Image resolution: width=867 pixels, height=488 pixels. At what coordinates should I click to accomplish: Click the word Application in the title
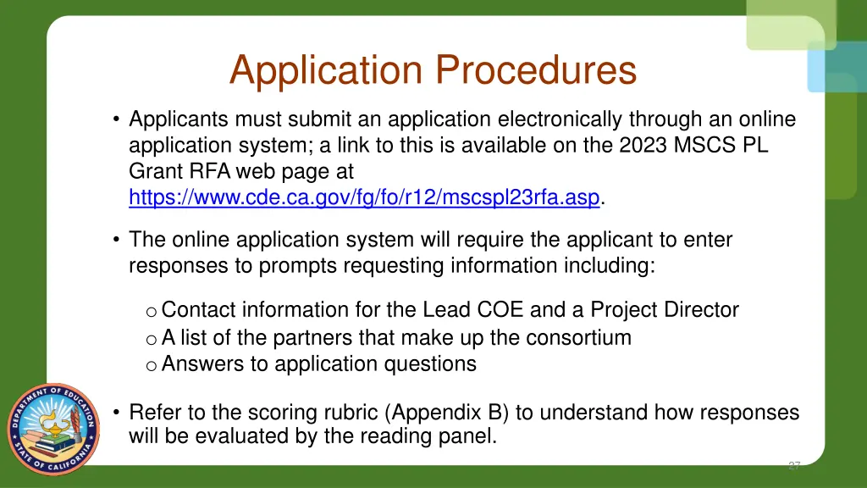coord(327,70)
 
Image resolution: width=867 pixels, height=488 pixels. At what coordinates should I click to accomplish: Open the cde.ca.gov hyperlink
coord(364,197)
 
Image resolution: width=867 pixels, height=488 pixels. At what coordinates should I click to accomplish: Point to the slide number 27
coord(793,465)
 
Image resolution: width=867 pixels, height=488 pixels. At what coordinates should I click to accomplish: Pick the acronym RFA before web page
coord(210,171)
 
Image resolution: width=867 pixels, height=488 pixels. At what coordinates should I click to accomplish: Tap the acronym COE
coord(499,310)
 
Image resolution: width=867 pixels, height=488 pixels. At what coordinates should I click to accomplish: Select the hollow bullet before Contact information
coord(150,312)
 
